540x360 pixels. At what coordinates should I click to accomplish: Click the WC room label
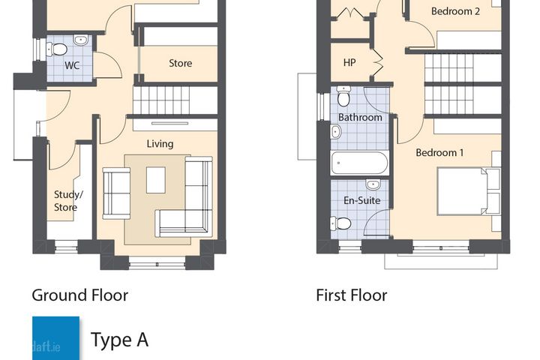72,65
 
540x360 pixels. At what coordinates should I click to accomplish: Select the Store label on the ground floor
181,63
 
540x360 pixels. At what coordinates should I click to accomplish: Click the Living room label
160,144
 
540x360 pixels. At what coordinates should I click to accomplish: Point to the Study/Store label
68,201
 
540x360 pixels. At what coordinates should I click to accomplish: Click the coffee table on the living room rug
156,180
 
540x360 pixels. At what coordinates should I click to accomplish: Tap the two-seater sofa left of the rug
116,193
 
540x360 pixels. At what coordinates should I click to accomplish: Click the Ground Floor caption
80,295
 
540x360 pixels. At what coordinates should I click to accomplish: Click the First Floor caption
352,295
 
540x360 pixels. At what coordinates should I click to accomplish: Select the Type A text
119,340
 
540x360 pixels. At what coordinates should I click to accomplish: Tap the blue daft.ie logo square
55,338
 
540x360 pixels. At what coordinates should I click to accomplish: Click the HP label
349,62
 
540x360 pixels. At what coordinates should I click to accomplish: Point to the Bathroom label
360,117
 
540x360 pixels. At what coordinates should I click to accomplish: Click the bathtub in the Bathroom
359,163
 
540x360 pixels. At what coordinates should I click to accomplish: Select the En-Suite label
362,200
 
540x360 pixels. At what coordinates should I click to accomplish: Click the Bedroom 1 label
439,152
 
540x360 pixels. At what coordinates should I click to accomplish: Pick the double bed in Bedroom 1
469,191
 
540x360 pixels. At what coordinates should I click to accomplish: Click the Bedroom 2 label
455,11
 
